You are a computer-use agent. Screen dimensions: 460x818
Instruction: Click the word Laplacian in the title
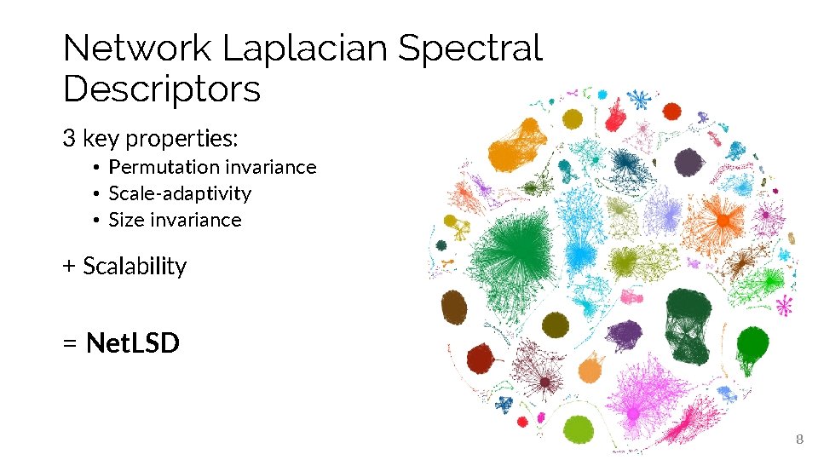click(307, 49)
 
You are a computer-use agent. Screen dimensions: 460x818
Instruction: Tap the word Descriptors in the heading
click(162, 89)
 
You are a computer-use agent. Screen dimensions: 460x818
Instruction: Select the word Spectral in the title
click(470, 49)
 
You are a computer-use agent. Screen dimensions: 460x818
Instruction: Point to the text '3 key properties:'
click(150, 137)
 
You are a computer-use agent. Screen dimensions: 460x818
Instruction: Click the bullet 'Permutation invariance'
click(212, 167)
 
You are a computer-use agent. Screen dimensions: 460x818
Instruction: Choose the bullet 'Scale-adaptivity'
click(180, 193)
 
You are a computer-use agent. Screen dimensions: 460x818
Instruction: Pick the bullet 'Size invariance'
click(175, 220)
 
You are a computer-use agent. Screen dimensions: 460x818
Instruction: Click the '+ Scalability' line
click(124, 266)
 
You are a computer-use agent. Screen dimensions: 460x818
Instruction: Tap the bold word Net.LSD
click(133, 343)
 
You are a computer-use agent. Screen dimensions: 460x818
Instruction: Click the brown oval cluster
click(454, 308)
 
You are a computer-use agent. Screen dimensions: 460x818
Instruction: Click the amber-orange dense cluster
click(517, 147)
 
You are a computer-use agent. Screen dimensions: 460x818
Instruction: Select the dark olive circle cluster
click(556, 325)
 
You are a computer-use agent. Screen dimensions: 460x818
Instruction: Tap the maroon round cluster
click(482, 359)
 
